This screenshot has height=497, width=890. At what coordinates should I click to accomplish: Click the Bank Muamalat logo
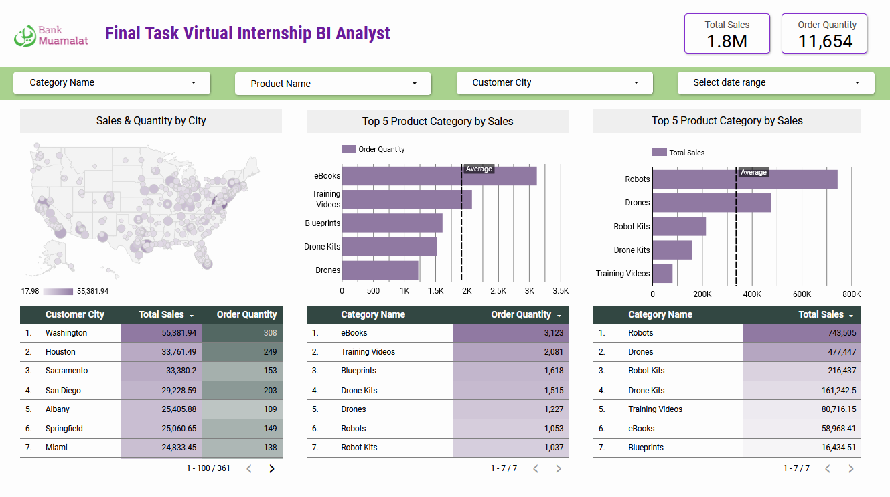pyautogui.click(x=51, y=35)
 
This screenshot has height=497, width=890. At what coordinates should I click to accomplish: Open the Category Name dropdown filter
pyautogui.click(x=112, y=83)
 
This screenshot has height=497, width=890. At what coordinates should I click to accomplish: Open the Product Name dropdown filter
pyautogui.click(x=333, y=84)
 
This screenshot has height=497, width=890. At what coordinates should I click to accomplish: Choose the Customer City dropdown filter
pyautogui.click(x=554, y=83)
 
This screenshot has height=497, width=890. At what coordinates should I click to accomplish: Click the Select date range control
pyautogui.click(x=775, y=83)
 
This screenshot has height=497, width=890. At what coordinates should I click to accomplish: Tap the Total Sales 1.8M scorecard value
pyautogui.click(x=727, y=41)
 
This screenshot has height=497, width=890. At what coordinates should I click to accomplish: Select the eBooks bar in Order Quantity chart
pyautogui.click(x=439, y=176)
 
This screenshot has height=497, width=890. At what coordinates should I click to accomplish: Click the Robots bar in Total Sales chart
pyautogui.click(x=745, y=179)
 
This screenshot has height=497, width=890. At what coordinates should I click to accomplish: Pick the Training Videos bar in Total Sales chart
pyautogui.click(x=662, y=274)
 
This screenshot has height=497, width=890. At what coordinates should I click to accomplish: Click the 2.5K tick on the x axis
pyautogui.click(x=498, y=291)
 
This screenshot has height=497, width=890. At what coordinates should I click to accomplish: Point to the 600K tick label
pyautogui.click(x=802, y=294)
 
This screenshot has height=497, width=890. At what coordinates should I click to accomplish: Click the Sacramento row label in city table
pyautogui.click(x=66, y=371)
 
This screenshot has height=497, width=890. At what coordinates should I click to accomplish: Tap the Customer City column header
pyautogui.click(x=74, y=314)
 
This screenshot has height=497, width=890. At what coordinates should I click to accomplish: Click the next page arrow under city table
pyautogui.click(x=272, y=468)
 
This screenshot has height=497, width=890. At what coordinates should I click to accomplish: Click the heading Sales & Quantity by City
pyautogui.click(x=151, y=121)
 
